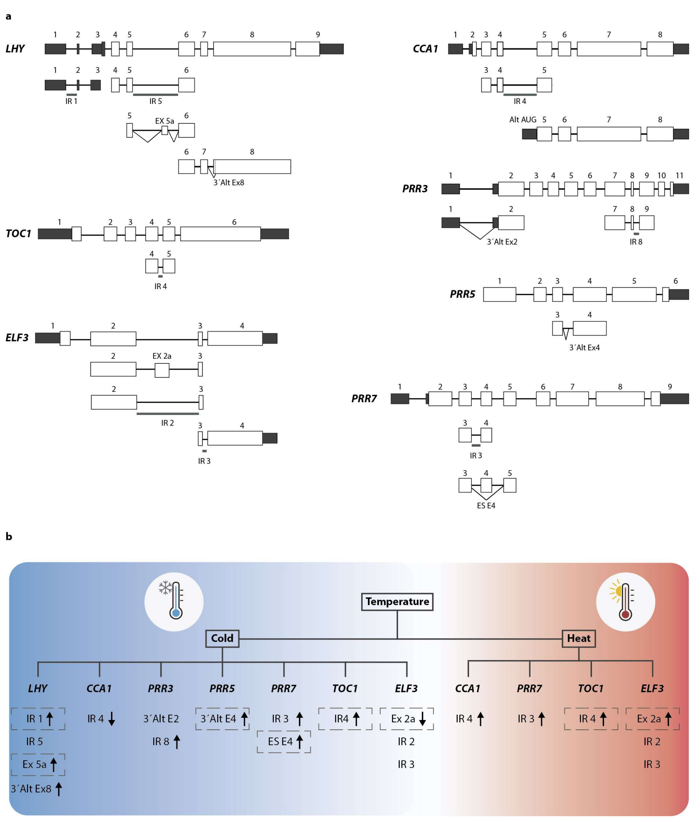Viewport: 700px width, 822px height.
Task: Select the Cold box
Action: [222, 638]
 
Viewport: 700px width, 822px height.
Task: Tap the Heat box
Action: [579, 638]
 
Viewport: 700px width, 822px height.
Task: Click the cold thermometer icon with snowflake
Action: [174, 601]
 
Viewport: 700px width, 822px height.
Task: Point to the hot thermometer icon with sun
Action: [625, 601]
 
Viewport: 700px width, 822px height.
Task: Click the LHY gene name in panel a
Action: [15, 49]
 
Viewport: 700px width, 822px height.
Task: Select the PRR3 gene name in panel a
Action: [415, 189]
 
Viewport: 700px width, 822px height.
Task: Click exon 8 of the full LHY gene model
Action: [252, 49]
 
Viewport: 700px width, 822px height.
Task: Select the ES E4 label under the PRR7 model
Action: [486, 506]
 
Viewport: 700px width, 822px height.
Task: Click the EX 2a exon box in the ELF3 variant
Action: [162, 370]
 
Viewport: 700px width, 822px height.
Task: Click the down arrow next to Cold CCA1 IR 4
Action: [111, 719]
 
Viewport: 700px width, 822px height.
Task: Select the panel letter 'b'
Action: [9, 537]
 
